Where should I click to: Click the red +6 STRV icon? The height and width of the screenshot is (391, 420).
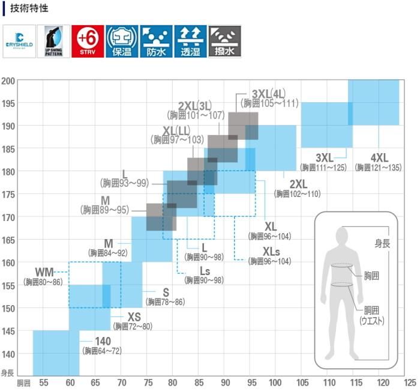pyautogui.click(x=88, y=41)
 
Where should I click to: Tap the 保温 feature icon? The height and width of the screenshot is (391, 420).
pyautogui.click(x=122, y=41)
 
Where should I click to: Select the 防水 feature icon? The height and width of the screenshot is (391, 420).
pyautogui.click(x=156, y=41)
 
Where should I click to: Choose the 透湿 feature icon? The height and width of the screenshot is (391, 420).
pyautogui.click(x=190, y=41)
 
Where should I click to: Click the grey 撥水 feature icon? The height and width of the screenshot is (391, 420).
pyautogui.click(x=224, y=41)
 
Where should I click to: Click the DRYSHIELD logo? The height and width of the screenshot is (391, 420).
pyautogui.click(x=19, y=41)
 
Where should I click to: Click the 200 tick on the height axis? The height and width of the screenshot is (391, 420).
pyautogui.click(x=8, y=81)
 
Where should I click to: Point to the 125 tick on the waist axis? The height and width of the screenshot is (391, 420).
pyautogui.click(x=410, y=383)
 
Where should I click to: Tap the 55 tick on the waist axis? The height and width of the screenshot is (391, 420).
pyautogui.click(x=43, y=383)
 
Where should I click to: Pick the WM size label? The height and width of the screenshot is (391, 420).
pyautogui.click(x=44, y=271)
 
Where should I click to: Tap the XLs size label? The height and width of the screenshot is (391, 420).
pyautogui.click(x=271, y=252)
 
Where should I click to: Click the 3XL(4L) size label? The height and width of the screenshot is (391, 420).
pyautogui.click(x=269, y=94)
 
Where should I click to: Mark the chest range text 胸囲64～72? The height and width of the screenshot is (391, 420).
pyautogui.click(x=102, y=351)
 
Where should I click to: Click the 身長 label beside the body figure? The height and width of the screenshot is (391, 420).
pyautogui.click(x=383, y=243)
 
